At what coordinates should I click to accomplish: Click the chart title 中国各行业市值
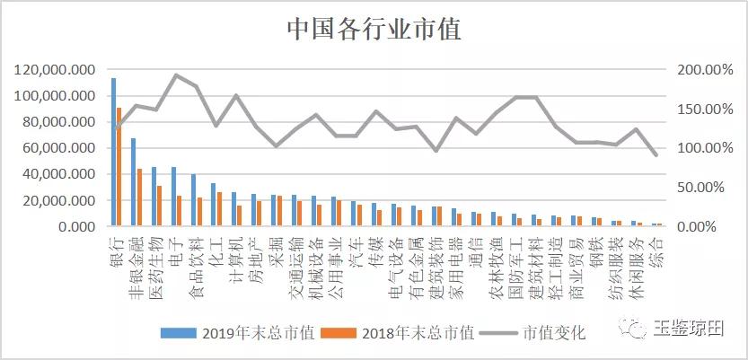point(374,30)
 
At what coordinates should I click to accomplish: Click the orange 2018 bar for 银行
point(119,166)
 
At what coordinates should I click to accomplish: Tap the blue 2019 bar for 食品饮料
point(194,199)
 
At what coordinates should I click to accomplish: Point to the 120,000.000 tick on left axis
point(56,70)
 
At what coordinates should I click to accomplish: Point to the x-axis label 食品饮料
point(192,264)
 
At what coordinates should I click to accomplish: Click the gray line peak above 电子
point(176,75)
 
